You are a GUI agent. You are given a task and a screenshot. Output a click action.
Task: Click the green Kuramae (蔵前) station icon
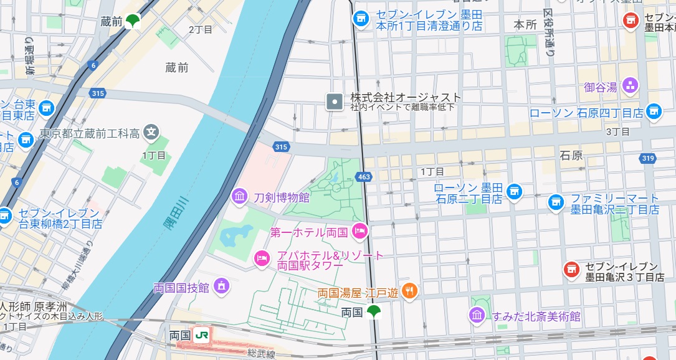click(133, 22)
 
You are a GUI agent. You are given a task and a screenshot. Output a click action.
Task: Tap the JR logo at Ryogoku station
click(202, 335)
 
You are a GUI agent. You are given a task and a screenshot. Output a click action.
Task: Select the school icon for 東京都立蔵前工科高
click(151, 132)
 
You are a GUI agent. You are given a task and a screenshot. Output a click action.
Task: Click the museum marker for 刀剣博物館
click(239, 197)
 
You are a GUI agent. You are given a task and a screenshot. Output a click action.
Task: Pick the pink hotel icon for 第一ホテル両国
click(360, 232)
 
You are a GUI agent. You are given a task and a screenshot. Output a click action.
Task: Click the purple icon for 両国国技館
click(221, 287)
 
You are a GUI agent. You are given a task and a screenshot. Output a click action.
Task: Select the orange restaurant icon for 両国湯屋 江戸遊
click(409, 291)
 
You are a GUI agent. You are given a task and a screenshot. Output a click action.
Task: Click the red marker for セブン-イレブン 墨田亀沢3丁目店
click(570, 269)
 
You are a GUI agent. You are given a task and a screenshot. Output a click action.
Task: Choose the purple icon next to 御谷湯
click(631, 85)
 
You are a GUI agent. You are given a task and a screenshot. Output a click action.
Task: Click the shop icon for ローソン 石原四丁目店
click(652, 111)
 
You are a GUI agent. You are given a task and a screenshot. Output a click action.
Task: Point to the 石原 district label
click(571, 156)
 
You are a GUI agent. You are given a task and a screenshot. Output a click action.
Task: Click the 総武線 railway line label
click(260, 353)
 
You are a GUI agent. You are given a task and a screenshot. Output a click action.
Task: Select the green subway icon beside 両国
click(374, 312)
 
